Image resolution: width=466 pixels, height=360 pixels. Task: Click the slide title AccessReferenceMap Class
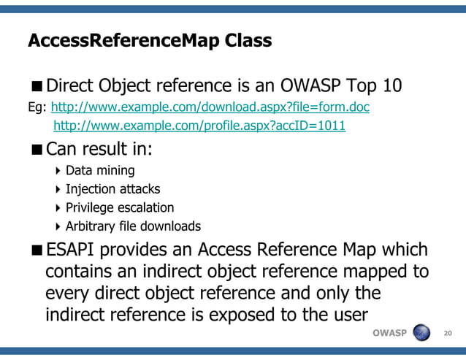[149, 40]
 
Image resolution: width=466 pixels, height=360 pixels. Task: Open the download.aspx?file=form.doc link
[210, 108]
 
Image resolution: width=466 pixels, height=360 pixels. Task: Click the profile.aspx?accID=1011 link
[199, 126]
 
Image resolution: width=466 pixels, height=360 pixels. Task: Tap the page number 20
[448, 334]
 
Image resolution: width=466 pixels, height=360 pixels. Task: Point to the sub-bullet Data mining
[100, 170]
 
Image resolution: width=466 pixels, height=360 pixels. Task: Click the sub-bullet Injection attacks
[112, 189]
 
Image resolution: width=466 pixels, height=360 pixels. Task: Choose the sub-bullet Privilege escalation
[120, 207]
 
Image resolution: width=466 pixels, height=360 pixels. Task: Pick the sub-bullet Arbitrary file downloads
[133, 226]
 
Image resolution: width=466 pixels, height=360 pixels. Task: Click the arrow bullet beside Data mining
[58, 171]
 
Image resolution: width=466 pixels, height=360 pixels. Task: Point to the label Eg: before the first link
[37, 109]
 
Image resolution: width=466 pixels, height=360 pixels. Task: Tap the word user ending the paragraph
[344, 316]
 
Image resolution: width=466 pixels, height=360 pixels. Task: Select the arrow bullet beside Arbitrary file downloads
[58, 226]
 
